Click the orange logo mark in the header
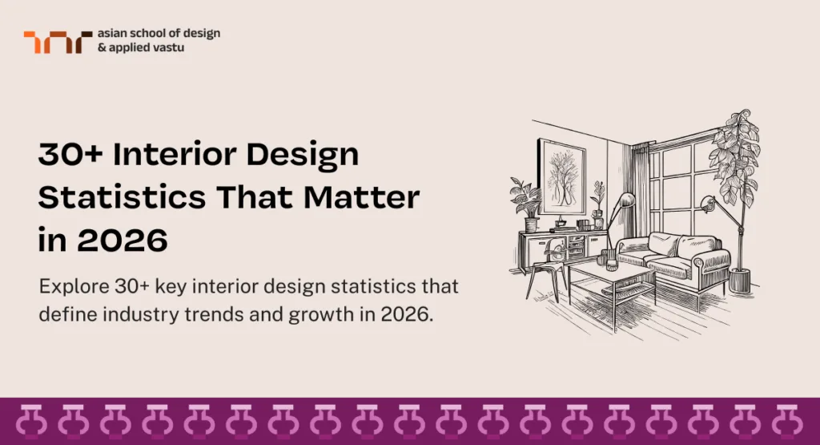tap(52, 42)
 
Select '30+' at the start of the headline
tap(70, 155)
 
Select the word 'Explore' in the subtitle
tap(73, 287)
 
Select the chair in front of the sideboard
tap(545, 265)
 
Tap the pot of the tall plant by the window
tap(740, 280)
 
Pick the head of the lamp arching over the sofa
tap(707, 201)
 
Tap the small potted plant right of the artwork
tap(597, 201)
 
